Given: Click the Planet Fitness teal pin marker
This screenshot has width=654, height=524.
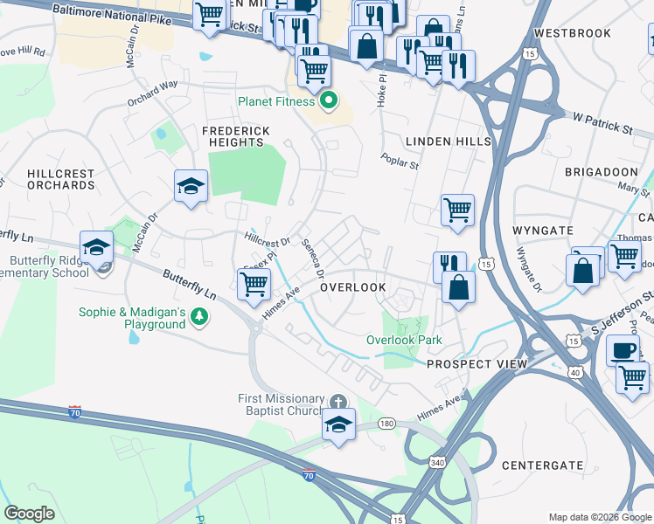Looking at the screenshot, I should (x=329, y=101).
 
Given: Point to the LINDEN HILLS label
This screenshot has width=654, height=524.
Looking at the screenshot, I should (x=448, y=141).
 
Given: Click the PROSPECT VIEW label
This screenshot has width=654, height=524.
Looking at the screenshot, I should (x=477, y=363).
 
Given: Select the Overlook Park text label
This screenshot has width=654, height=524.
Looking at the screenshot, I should (x=404, y=340).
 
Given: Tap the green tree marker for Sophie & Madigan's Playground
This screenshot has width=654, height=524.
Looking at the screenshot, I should (x=199, y=317).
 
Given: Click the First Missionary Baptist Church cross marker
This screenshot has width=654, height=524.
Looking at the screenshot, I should (x=338, y=402).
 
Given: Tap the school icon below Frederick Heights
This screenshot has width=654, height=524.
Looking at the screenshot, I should (x=191, y=187).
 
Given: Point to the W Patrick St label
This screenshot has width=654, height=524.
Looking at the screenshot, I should (x=602, y=122).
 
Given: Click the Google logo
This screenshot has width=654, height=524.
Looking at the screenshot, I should (x=30, y=514).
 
